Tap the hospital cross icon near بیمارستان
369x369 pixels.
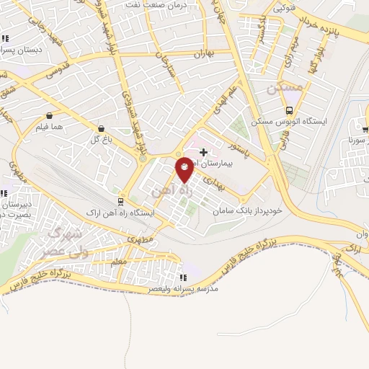point(204,152)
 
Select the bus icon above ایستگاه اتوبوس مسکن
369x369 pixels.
point(289,110)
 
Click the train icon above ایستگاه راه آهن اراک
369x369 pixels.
point(120,202)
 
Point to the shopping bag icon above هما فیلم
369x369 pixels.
point(50,115)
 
